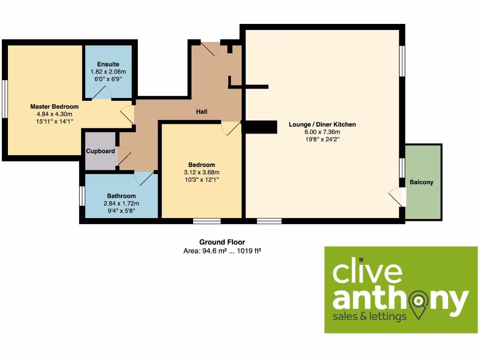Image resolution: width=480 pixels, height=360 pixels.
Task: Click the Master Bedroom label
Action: click(x=54, y=106)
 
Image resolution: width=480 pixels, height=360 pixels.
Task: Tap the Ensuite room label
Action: click(x=108, y=64)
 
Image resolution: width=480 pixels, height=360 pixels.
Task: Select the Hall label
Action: click(x=202, y=112)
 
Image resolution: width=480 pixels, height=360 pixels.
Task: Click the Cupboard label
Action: click(x=100, y=151)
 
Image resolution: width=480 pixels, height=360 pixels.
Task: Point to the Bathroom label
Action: click(x=121, y=196)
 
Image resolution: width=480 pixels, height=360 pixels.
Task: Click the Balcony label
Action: click(x=421, y=182)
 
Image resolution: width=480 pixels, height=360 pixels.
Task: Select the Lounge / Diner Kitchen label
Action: click(x=322, y=125)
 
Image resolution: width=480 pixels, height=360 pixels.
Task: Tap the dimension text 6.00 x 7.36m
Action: click(x=322, y=132)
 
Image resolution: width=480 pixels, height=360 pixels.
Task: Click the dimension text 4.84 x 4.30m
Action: click(x=54, y=114)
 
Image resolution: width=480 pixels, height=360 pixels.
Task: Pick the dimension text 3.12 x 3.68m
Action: click(x=202, y=172)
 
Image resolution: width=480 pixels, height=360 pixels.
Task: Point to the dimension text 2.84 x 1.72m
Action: click(x=121, y=203)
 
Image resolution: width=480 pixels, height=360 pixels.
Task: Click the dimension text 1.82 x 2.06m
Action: click(x=108, y=72)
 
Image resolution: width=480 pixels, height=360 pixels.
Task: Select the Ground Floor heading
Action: click(x=222, y=242)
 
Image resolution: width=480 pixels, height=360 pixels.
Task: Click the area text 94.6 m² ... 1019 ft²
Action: click(x=222, y=251)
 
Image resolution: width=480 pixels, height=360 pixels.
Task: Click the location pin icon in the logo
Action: click(x=418, y=302)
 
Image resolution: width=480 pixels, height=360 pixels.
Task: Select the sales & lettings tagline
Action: click(x=369, y=317)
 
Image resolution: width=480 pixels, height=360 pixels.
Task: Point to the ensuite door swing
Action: click(x=101, y=93)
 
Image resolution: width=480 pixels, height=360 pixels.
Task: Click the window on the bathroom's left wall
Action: click(x=82, y=195)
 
